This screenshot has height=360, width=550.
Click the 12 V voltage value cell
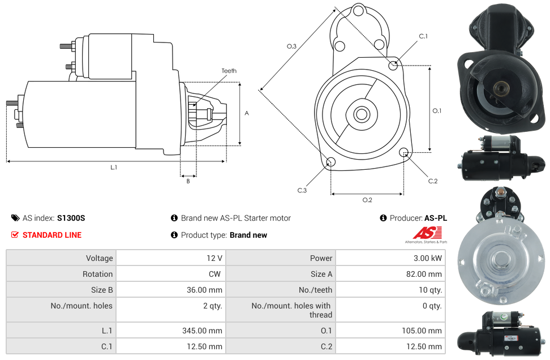coord(214,258)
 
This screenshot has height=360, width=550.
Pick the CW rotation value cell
coord(216,274)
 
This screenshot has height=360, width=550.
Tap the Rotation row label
coord(97,274)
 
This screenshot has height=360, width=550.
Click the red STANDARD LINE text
coord(51,235)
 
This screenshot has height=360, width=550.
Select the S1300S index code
coord(71,218)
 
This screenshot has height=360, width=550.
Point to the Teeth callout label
coord(229,71)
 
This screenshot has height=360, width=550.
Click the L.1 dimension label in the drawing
coord(114,168)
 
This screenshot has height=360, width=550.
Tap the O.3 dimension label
coord(291,46)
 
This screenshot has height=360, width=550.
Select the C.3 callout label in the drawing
coord(302,191)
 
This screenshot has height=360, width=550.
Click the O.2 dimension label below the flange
coord(367,200)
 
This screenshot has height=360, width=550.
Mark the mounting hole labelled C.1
coord(393,66)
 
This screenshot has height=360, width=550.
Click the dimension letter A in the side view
coord(247,113)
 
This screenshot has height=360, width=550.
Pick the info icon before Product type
coord(174,235)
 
